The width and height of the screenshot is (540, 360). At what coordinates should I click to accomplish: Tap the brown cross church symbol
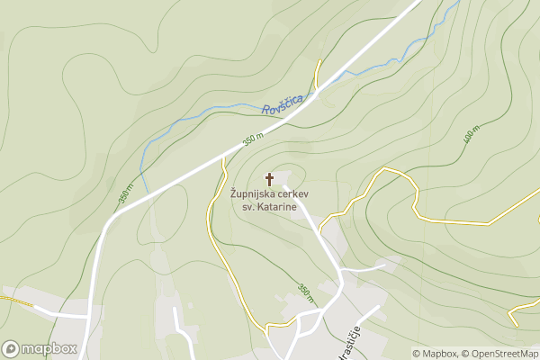[x=269, y=179]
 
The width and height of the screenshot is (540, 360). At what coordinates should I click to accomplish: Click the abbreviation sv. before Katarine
[x=249, y=207]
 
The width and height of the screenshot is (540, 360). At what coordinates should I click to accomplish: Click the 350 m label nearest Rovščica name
[x=253, y=139]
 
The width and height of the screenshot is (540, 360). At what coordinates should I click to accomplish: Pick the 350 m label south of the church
[x=306, y=292]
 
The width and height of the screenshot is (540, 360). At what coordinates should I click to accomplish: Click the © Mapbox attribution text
[x=436, y=353]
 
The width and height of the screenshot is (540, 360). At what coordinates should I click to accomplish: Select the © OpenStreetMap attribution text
[x=500, y=353]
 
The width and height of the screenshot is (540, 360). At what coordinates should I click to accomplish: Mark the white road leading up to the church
[x=310, y=216]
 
